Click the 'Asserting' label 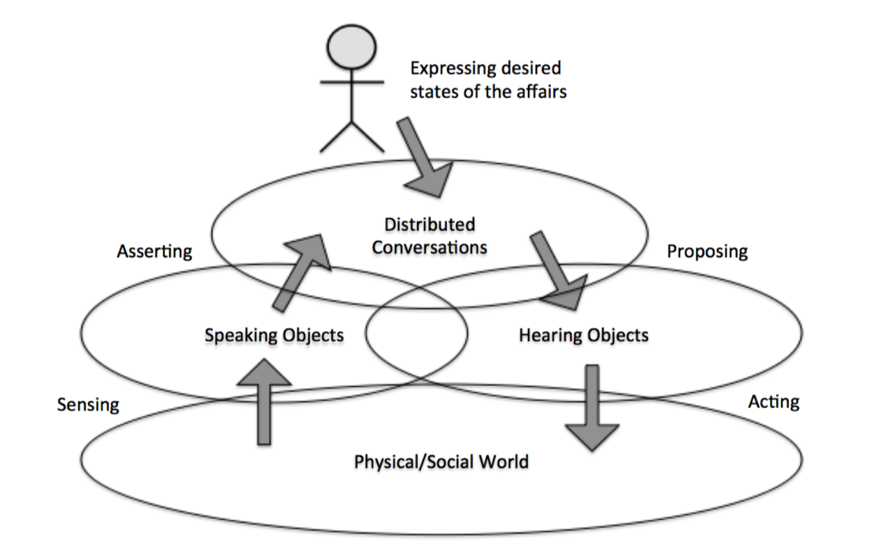tap(154, 251)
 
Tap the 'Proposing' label tap(707, 251)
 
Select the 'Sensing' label tap(88, 405)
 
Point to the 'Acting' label tap(773, 402)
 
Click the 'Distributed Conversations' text tap(429, 236)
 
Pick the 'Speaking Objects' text tap(274, 335)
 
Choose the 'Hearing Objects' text tap(583, 335)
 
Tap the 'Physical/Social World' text tap(441, 461)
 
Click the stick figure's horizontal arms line tap(352, 83)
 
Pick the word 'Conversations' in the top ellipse tap(429, 247)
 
